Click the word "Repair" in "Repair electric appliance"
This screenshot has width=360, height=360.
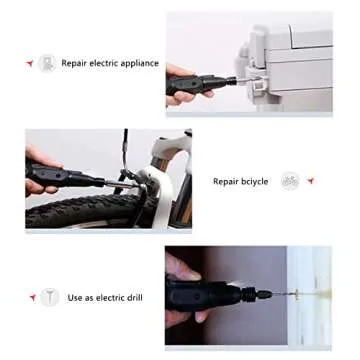(x=73, y=63)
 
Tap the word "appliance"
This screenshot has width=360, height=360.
(x=139, y=63)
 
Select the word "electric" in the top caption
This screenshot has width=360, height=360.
(x=103, y=63)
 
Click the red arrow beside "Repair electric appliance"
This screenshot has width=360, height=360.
(x=30, y=63)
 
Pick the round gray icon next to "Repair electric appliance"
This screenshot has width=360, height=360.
(x=47, y=63)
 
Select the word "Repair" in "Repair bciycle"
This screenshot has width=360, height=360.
(x=225, y=182)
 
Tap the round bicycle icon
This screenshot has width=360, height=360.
(x=289, y=182)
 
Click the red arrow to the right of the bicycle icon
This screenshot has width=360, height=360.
(x=311, y=182)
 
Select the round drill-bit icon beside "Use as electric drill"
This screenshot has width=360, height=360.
(x=47, y=297)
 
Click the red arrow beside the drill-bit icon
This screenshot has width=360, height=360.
(x=30, y=297)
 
